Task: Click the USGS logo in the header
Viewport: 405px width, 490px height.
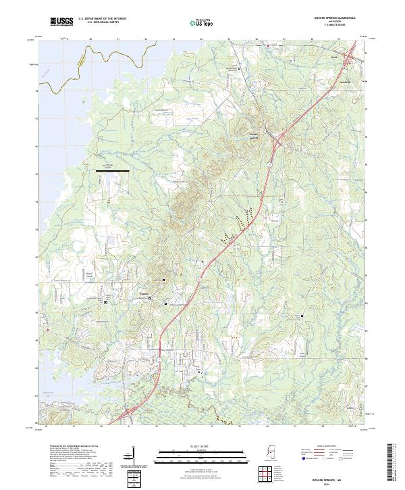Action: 61,22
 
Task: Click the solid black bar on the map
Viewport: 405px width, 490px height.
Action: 113,172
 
